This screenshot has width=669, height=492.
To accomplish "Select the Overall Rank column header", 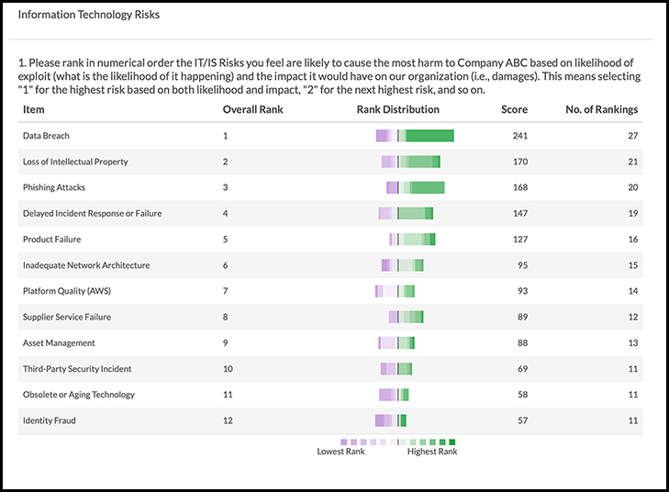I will click(x=252, y=109).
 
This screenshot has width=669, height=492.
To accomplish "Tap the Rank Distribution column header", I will click(x=397, y=109).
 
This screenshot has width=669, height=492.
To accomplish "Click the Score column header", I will click(x=514, y=109).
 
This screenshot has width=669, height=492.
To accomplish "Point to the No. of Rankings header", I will click(x=602, y=109).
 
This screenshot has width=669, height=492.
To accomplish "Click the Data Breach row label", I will click(x=46, y=136).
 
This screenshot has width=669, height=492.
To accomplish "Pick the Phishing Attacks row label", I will click(x=54, y=187).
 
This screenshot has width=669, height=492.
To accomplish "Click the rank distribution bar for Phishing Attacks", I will click(x=415, y=187).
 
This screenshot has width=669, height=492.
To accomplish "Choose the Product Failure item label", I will click(x=51, y=240).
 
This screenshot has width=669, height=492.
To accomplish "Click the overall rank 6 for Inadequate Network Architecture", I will click(x=226, y=265).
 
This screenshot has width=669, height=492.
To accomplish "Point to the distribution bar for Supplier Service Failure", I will click(x=406, y=317).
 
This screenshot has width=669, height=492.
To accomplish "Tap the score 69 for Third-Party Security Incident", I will click(x=522, y=369).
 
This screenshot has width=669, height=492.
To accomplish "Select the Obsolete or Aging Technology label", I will click(x=79, y=395).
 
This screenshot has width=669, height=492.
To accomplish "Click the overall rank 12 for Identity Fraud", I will click(x=228, y=420).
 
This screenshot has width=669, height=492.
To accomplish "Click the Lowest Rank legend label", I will click(x=341, y=452).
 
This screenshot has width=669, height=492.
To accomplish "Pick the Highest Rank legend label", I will click(x=432, y=452).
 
